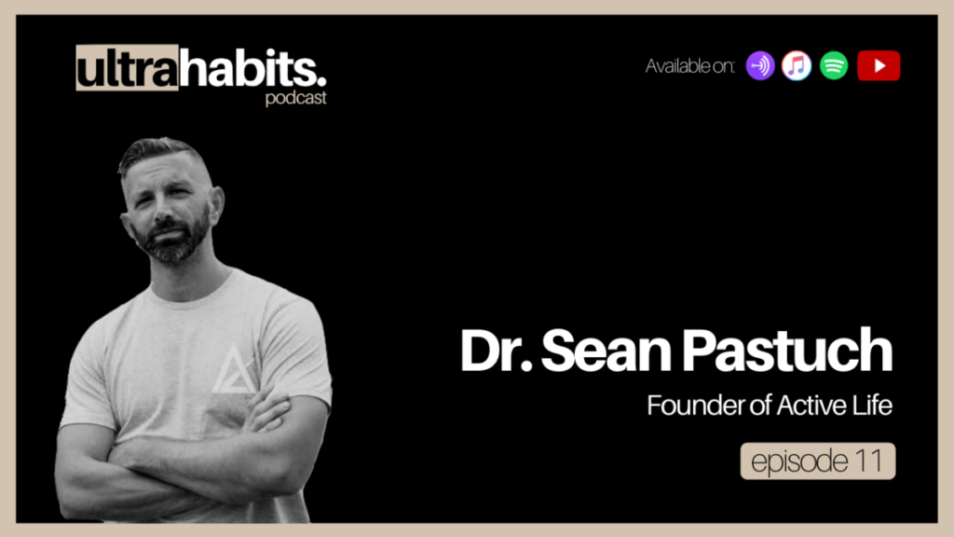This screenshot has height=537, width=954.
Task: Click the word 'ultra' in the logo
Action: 127,68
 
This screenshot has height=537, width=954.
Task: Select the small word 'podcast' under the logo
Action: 295,98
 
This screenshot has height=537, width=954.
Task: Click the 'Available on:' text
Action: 690,66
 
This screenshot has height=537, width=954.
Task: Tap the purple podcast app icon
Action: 760,66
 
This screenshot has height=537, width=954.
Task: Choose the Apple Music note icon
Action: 797,66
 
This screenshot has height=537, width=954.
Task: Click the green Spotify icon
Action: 834,66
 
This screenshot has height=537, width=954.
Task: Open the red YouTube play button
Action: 879,66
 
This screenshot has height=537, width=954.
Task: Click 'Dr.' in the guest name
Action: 496,351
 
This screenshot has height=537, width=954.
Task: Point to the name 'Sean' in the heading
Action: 606,351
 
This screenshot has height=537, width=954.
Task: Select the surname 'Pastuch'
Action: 786,351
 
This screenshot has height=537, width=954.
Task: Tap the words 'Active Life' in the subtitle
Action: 834,406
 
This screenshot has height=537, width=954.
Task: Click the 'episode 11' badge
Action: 818,461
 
